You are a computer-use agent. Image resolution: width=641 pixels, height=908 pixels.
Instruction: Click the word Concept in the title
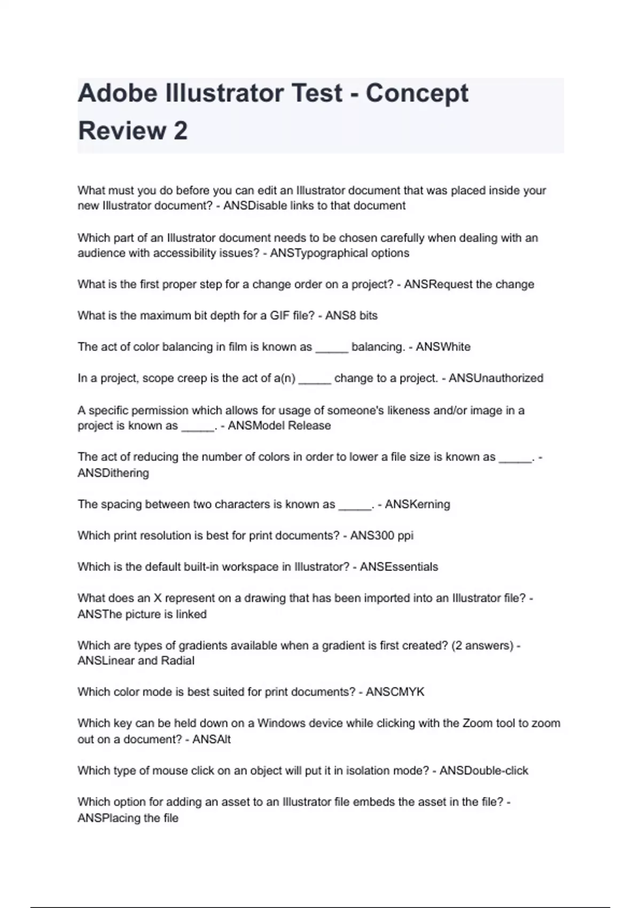tap(417, 93)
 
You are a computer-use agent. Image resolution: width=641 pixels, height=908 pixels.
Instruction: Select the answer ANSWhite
tap(443, 347)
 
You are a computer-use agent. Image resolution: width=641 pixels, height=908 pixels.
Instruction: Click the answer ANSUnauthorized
tap(496, 378)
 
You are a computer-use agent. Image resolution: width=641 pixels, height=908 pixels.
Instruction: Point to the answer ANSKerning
tap(417, 504)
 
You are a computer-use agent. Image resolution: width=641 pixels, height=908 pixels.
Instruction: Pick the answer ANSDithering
tap(113, 473)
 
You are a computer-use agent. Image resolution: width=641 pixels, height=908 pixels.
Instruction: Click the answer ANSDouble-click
tap(483, 771)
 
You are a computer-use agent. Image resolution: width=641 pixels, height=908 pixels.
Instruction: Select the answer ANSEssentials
tap(398, 567)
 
